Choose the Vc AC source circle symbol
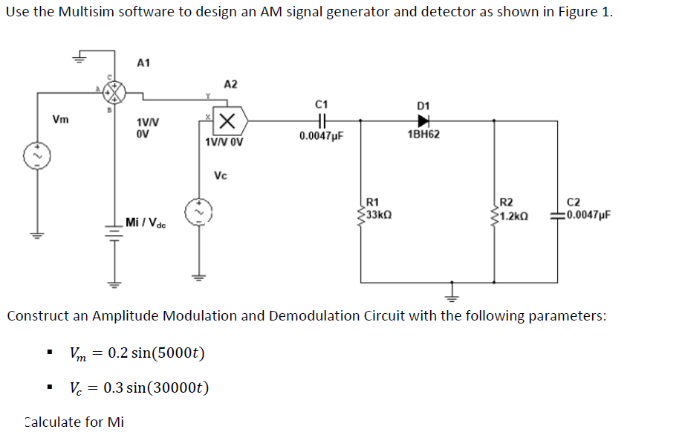coord(198,212)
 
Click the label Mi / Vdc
coord(146,222)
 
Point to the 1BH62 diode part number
coord(423,135)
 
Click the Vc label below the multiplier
coord(221,176)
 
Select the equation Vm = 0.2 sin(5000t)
coord(137,352)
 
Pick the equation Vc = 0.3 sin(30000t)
coord(140,387)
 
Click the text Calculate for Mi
coord(74,422)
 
